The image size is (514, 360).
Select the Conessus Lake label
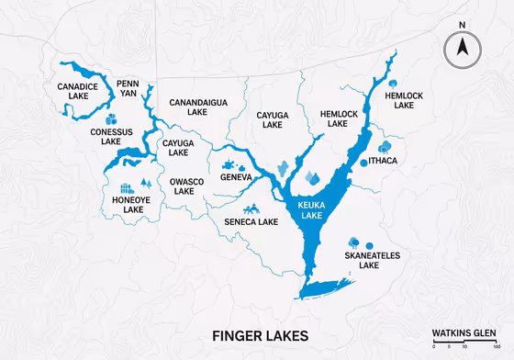(x=112, y=137)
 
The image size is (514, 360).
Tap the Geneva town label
(x=236, y=176)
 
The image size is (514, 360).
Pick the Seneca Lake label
(x=251, y=221)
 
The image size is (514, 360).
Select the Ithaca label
(x=385, y=162)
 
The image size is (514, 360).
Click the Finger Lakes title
(x=257, y=336)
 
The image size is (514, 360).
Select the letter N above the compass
(x=464, y=25)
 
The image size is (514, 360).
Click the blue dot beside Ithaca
(x=364, y=162)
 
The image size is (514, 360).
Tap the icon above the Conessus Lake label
(x=111, y=118)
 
